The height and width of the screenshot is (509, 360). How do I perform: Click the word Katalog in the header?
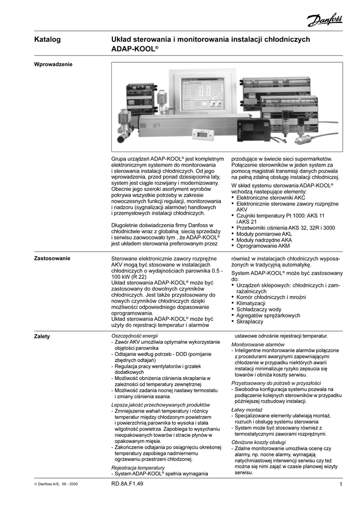pyautogui.click(x=47, y=39)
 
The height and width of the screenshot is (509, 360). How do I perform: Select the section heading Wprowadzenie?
pyautogui.click(x=53, y=64)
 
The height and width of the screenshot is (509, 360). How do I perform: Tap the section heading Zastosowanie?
pyautogui.click(x=52, y=258)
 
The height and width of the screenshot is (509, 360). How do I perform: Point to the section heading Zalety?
pyautogui.click(x=42, y=337)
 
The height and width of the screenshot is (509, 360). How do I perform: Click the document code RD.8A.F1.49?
pyautogui.click(x=128, y=484)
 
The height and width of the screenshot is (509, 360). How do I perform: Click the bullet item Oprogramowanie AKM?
pyautogui.click(x=263, y=246)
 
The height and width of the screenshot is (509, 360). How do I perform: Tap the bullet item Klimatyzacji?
pyautogui.click(x=251, y=303)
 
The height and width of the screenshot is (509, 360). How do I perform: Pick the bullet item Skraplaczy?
pyautogui.click(x=250, y=322)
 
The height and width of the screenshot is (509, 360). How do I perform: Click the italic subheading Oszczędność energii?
pyautogui.click(x=133, y=336)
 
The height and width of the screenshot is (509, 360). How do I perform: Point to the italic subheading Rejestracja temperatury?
pyautogui.click(x=138, y=468)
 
